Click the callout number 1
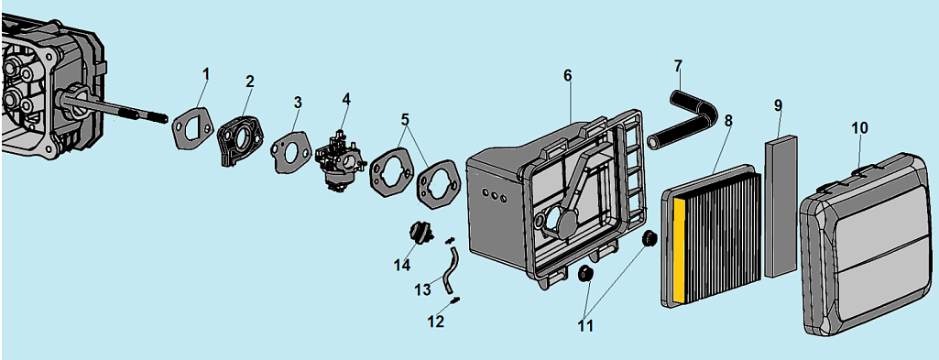[x=207, y=74]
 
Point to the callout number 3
[x=298, y=103]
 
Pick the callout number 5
[x=406, y=118]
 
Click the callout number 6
[x=568, y=75]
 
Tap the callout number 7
[x=678, y=64]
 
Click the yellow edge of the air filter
[x=679, y=249]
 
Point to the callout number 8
[x=728, y=120]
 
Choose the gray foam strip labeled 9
[x=781, y=206]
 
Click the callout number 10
[x=860, y=128]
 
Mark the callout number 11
[x=585, y=326]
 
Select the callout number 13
[x=422, y=289]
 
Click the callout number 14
[x=401, y=264]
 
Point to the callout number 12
[x=435, y=322]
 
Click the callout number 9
[x=778, y=105]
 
